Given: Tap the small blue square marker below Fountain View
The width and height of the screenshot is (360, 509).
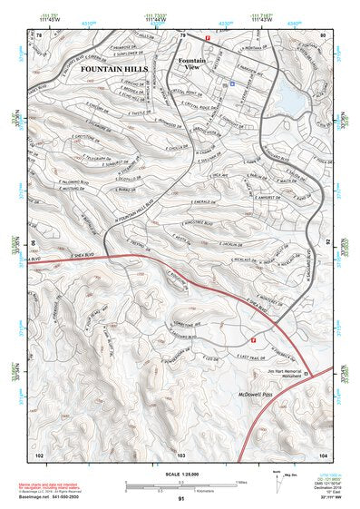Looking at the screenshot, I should [232, 83].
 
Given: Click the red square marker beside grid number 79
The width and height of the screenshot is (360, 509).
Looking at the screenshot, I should [208, 37].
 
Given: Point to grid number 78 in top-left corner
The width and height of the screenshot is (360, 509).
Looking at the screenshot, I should [40, 34].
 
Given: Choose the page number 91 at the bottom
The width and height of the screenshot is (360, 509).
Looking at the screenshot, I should [181, 498].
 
